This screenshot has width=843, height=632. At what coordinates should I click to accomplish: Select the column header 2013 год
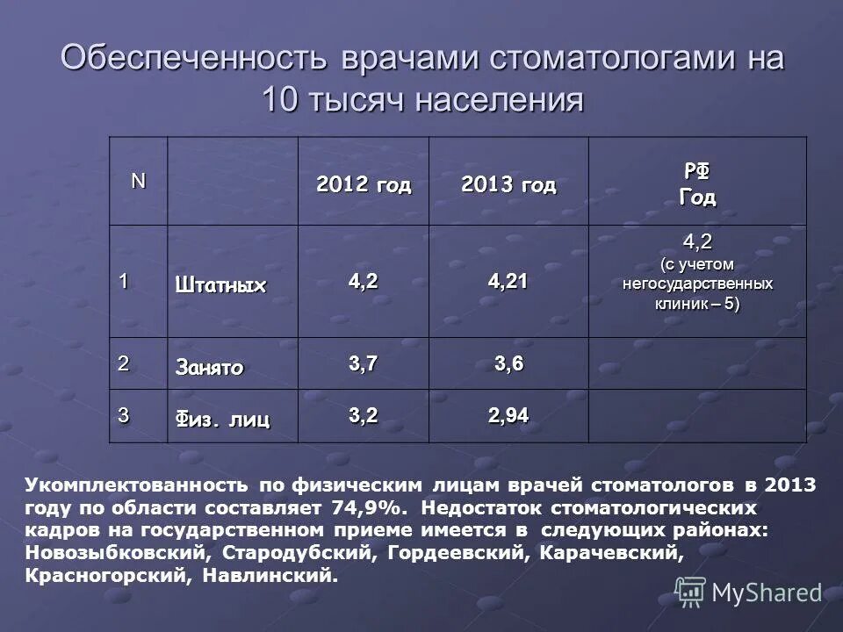(x=508, y=185)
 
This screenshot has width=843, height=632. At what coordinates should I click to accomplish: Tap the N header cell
(x=139, y=180)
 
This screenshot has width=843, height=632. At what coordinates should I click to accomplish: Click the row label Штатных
(x=220, y=284)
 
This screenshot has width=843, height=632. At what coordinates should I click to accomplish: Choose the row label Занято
(x=210, y=366)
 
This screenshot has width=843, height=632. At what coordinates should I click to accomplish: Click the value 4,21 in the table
(x=509, y=282)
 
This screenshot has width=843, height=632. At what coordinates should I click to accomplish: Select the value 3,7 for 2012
(x=363, y=364)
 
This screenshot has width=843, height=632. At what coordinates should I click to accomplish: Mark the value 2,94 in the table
(x=509, y=416)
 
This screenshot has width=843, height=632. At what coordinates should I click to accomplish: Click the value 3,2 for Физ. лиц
(x=363, y=416)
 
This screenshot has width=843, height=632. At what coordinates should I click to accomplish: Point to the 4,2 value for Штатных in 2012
(x=363, y=282)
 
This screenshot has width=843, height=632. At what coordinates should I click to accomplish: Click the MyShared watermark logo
(x=749, y=592)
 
